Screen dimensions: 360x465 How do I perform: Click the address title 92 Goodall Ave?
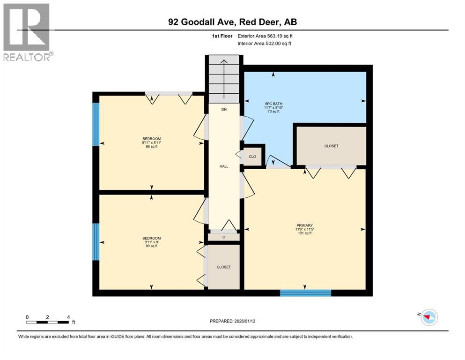click(x=232, y=22)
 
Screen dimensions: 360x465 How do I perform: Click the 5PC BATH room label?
click(x=275, y=104)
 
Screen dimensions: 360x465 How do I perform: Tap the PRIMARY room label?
click(x=305, y=225)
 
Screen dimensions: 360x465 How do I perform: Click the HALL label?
click(x=224, y=166)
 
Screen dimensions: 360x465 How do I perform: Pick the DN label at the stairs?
click(x=224, y=110)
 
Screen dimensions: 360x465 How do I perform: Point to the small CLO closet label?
click(x=252, y=157)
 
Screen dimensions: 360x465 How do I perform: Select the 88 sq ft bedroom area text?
click(x=152, y=146)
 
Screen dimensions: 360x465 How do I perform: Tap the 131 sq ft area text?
click(x=305, y=233)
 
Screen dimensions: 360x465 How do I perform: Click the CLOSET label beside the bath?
click(x=331, y=146)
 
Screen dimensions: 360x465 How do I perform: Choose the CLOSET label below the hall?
click(x=224, y=267)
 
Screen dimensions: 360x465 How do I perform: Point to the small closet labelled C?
click(x=224, y=237)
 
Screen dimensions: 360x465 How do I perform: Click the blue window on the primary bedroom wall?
click(x=305, y=293)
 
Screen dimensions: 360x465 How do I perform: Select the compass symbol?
click(x=428, y=317)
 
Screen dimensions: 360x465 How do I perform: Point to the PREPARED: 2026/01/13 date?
click(x=232, y=321)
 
